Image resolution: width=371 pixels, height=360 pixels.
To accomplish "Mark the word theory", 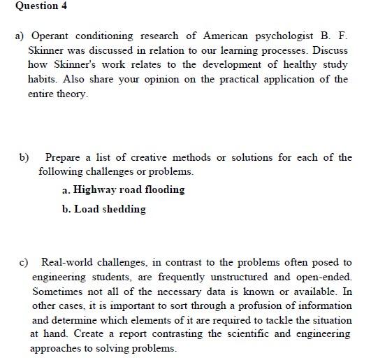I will point(73,94).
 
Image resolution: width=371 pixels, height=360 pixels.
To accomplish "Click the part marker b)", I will point(23,157).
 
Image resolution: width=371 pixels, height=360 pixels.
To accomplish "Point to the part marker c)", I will point(23,262).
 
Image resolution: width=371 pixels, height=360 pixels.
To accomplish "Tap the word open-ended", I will point(321,277).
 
